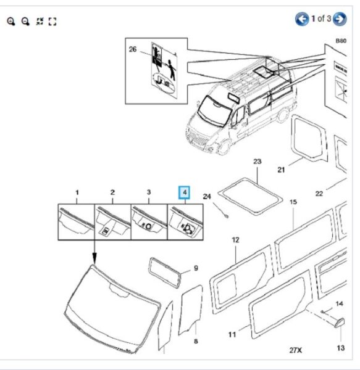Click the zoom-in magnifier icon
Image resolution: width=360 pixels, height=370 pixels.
pyautogui.click(x=11, y=21)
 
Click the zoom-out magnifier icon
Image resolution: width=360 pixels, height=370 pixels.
pyautogui.click(x=25, y=21)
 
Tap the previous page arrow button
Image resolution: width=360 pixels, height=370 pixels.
pyautogui.click(x=302, y=19)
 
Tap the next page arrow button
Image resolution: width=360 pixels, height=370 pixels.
pyautogui.click(x=340, y=19)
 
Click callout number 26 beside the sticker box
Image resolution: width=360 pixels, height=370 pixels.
pyautogui.click(x=132, y=50)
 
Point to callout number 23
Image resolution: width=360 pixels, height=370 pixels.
pyautogui.click(x=257, y=162)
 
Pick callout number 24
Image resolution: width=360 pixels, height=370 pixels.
pyautogui.click(x=207, y=197)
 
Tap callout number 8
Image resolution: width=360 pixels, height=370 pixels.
pyautogui.click(x=195, y=341)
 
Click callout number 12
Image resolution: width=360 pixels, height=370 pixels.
pyautogui.click(x=235, y=240)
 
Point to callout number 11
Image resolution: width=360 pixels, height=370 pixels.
pyautogui.click(x=232, y=335)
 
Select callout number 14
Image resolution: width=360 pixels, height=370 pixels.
pyautogui.click(x=338, y=304)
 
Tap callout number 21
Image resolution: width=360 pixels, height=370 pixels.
pyautogui.click(x=280, y=170)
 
